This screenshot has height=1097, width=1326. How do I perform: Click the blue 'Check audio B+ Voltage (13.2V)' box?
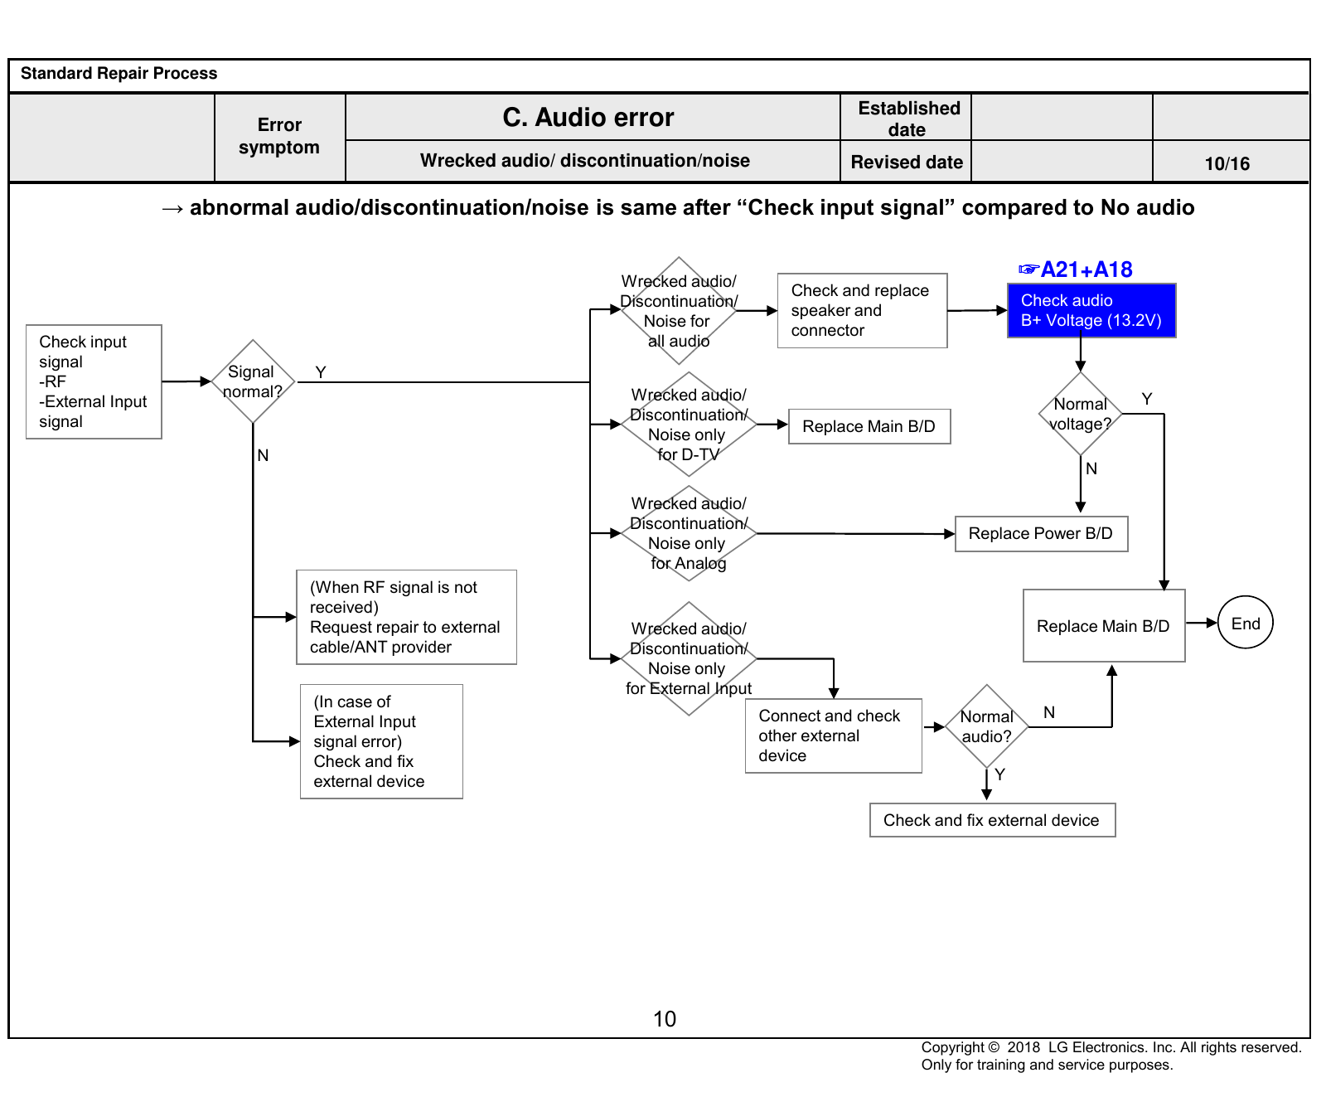point(1091,311)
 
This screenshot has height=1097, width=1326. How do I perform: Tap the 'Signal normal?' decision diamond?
point(253,381)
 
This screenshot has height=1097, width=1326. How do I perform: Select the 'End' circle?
point(1246,623)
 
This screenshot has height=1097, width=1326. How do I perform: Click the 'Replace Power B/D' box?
point(1042,534)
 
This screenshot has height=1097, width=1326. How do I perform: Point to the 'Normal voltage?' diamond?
point(1081,414)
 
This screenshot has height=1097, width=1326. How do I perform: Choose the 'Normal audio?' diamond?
point(987,726)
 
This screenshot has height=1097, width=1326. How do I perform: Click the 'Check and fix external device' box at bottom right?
point(992,820)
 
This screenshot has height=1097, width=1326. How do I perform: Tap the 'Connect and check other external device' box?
point(834,736)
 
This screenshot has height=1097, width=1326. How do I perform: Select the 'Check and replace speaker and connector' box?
point(862,311)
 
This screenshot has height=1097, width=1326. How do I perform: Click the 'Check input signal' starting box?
point(94,381)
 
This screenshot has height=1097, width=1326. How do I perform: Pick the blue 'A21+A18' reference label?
point(1076,269)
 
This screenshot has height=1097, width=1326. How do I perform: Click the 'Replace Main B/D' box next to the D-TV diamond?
point(869,427)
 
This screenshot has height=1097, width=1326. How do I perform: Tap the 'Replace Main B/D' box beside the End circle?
point(1104,626)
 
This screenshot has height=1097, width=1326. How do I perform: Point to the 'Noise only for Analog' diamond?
point(689,533)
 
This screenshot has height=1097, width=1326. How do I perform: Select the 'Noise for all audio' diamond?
point(679,311)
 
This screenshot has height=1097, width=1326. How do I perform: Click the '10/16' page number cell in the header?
point(1227,163)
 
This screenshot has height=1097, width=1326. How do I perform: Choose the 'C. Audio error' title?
point(588,118)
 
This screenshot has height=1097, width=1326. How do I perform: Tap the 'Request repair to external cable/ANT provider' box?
point(406,617)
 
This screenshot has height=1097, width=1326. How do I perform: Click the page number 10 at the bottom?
point(665,1019)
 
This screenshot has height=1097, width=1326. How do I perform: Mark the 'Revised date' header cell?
point(907,162)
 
